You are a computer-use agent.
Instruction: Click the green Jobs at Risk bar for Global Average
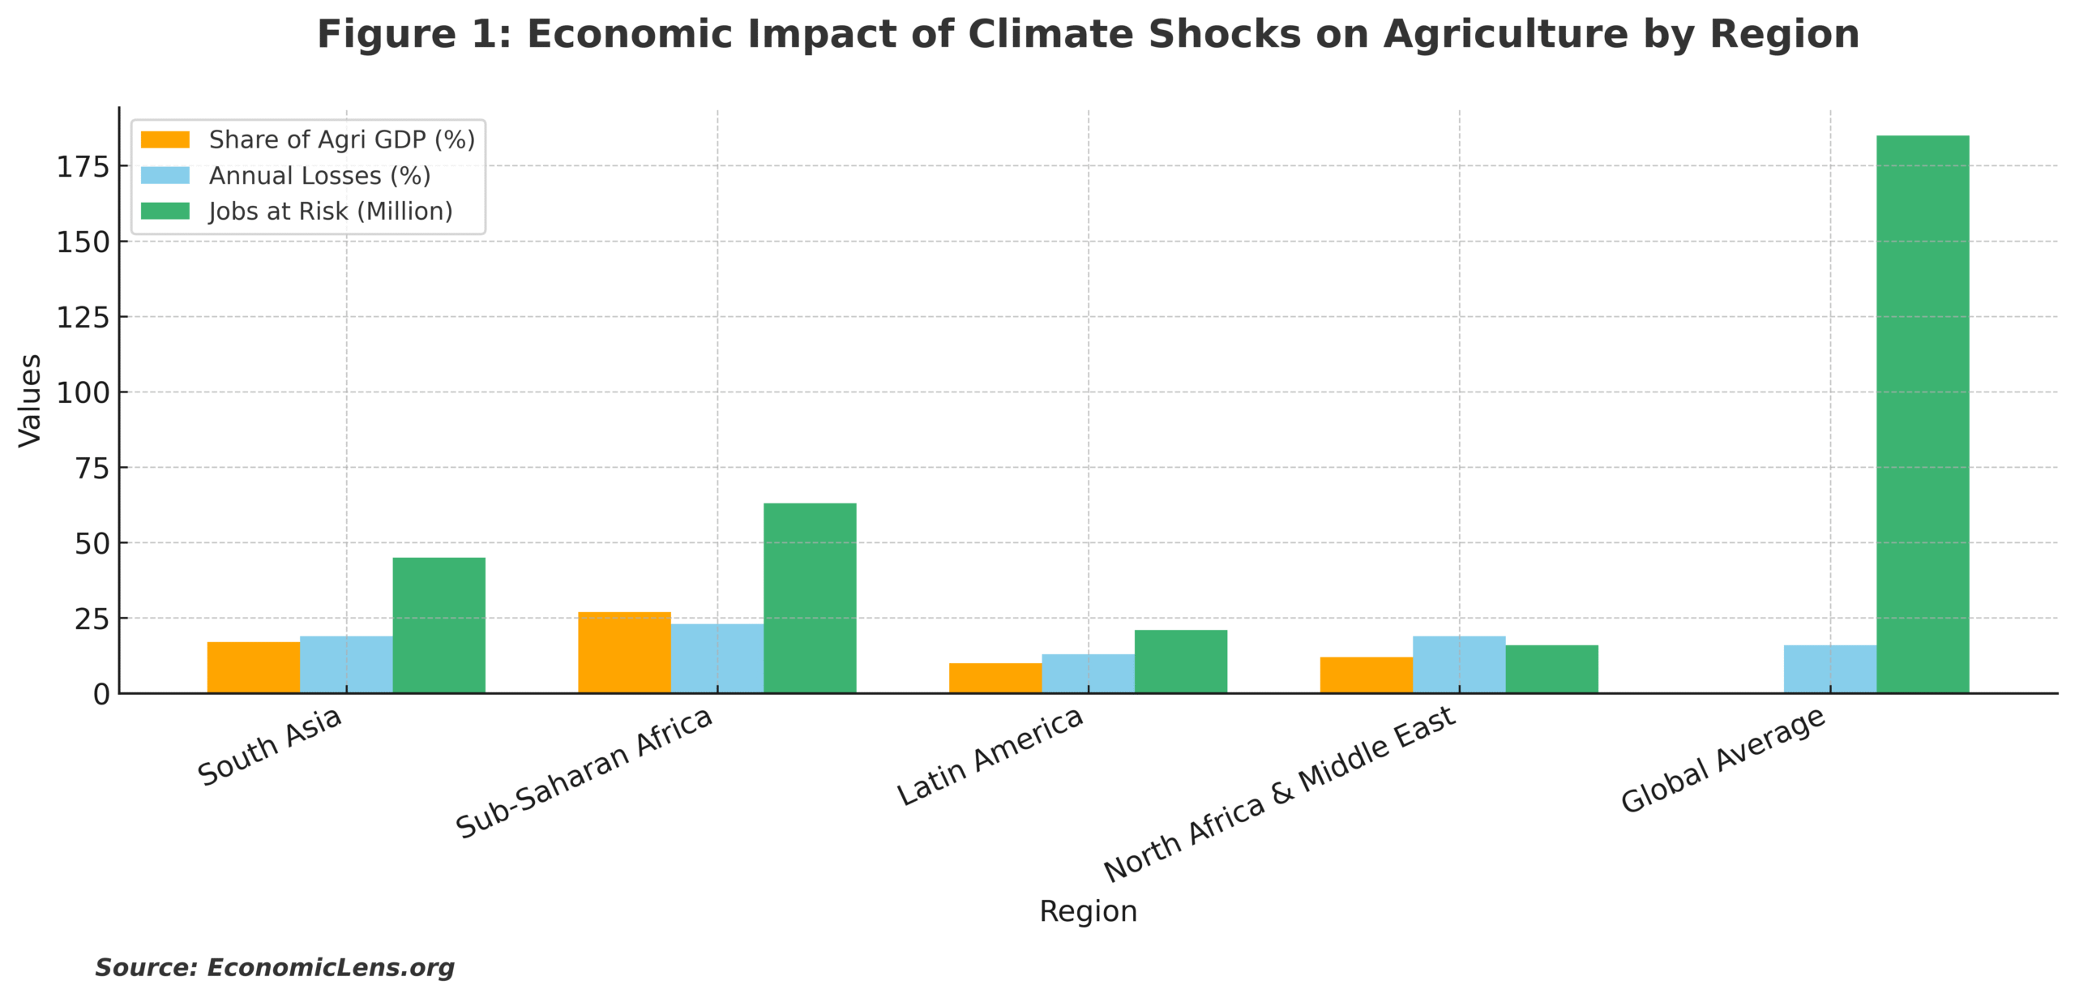point(1922,413)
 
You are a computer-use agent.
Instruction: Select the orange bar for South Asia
point(253,667)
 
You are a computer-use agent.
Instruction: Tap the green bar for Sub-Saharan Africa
point(809,598)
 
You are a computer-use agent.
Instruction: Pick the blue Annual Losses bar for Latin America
point(1088,673)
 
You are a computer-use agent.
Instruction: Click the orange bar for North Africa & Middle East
point(1366,675)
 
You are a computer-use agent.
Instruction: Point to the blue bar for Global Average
point(1829,669)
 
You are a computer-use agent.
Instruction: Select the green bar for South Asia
point(439,625)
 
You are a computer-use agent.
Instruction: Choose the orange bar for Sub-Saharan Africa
point(624,652)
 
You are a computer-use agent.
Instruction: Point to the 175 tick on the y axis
point(83,167)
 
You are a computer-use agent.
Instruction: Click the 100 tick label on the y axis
point(83,393)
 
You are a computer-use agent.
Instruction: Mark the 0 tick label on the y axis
point(101,695)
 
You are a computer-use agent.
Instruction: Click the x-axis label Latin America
point(990,756)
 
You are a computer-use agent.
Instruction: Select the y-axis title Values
point(30,400)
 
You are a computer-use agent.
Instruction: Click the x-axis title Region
point(1088,911)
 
